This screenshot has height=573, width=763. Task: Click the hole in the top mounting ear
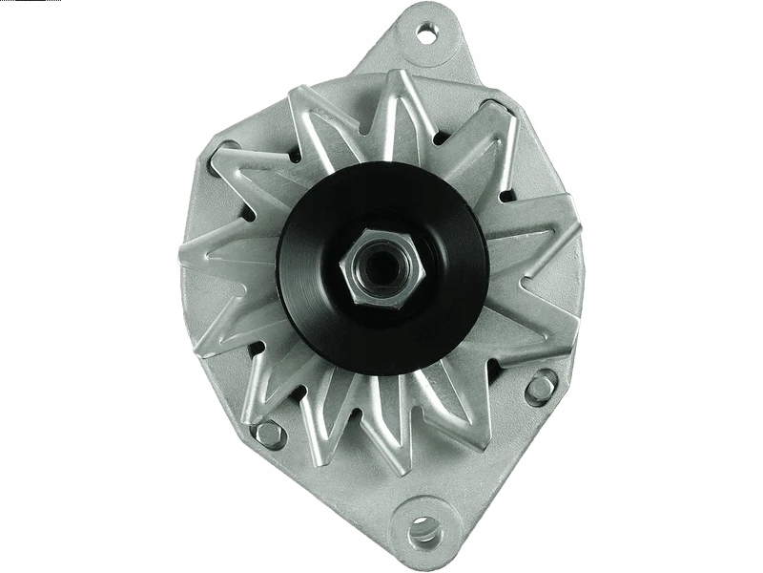pyautogui.click(x=425, y=35)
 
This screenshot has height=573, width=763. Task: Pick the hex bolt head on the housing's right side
pyautogui.click(x=541, y=387)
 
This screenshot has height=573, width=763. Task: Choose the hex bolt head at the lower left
pyautogui.click(x=270, y=434)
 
